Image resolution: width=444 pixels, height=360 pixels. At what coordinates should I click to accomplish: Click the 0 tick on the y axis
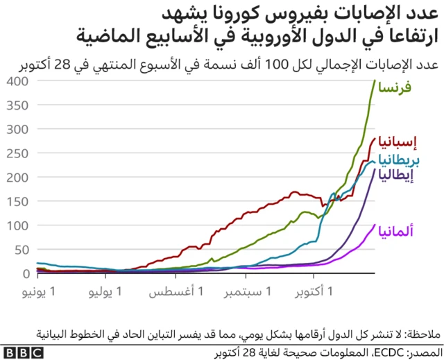[24, 273]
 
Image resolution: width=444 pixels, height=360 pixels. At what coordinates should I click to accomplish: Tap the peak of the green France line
[375, 80]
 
